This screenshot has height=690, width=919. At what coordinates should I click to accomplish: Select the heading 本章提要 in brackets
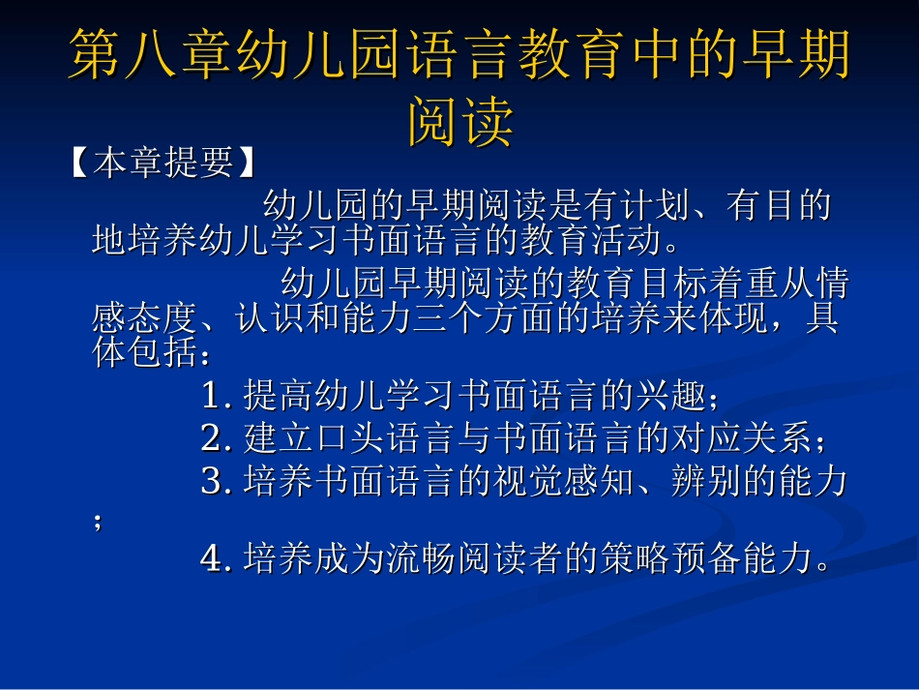pyautogui.click(x=163, y=164)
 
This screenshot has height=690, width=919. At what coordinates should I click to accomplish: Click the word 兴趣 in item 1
pyautogui.click(x=672, y=396)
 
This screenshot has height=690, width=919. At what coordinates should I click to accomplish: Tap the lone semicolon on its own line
pyautogui.click(x=98, y=522)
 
